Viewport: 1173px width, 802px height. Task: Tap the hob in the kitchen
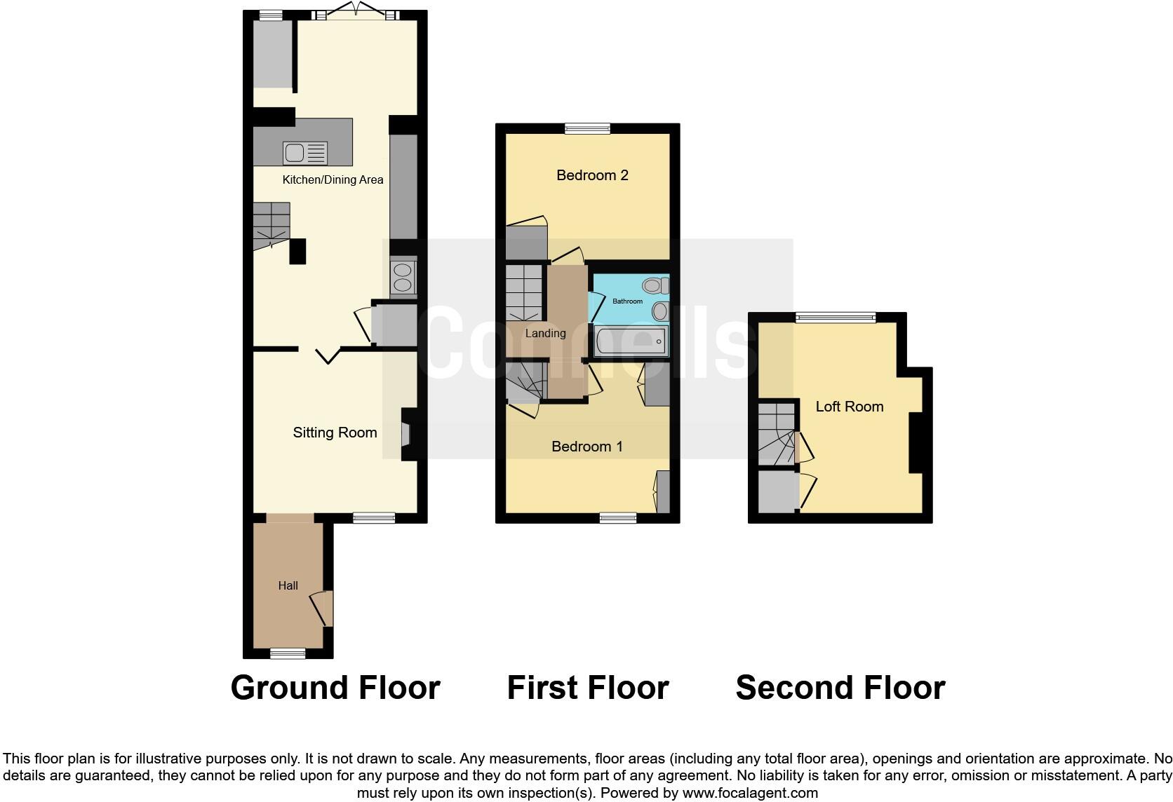pyautogui.click(x=403, y=277)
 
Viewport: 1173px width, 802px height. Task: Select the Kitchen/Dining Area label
pyautogui.click(x=333, y=180)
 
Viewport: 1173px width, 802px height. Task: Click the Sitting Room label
pyautogui.click(x=335, y=433)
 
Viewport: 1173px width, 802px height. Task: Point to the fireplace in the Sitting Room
pyautogui.click(x=407, y=435)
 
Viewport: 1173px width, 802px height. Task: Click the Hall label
pyautogui.click(x=288, y=585)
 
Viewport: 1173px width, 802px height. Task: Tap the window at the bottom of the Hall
pyautogui.click(x=288, y=653)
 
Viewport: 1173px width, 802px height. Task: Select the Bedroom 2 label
pyautogui.click(x=592, y=175)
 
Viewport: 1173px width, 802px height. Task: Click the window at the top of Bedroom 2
pyautogui.click(x=588, y=128)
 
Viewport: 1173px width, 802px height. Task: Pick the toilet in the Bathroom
pyautogui.click(x=656, y=285)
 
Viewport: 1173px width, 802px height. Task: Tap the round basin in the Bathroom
pyautogui.click(x=660, y=311)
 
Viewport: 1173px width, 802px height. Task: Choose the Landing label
pyautogui.click(x=545, y=333)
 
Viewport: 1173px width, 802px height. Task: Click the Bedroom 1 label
pyautogui.click(x=587, y=447)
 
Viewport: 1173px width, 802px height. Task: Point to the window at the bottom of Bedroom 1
pyautogui.click(x=618, y=518)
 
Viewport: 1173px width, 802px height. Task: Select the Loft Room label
pyautogui.click(x=849, y=407)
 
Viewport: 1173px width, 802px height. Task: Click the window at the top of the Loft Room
pyautogui.click(x=836, y=318)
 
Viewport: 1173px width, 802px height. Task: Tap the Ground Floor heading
pyautogui.click(x=335, y=688)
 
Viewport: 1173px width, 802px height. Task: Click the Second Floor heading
pyautogui.click(x=840, y=688)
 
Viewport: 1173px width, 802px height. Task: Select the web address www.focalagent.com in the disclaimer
pyautogui.click(x=750, y=794)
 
